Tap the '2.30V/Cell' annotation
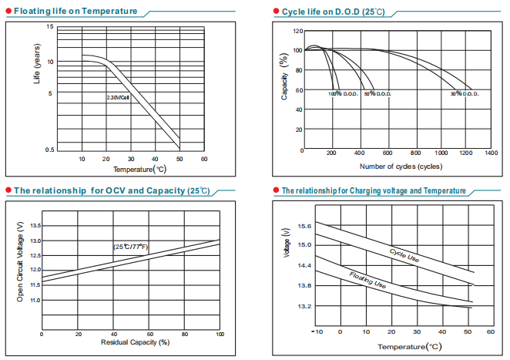tap(118, 98)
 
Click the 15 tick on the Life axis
tap(50, 27)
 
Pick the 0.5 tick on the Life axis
tap(50, 150)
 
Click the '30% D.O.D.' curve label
tap(465, 93)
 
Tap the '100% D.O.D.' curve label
tap(342, 93)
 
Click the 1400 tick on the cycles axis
tap(491, 153)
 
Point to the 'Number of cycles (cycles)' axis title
tap(401, 166)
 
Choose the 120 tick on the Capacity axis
tap(297, 32)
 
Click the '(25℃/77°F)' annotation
tap(130, 247)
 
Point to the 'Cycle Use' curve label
tap(404, 256)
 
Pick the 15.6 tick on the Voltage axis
tap(303, 226)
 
